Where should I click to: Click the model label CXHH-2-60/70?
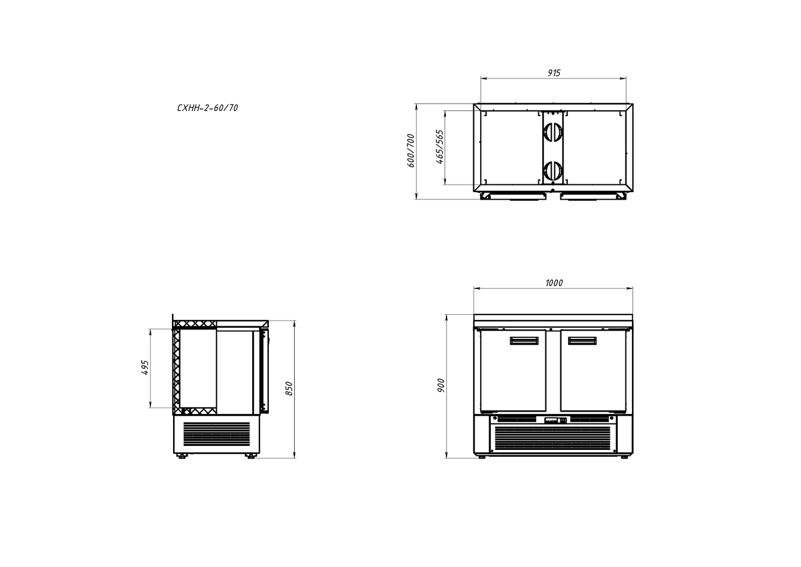(x=207, y=108)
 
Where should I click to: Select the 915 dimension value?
(x=554, y=73)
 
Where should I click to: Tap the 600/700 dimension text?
(x=411, y=151)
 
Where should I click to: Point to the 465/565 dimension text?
(x=440, y=147)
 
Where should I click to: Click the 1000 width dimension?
(x=554, y=283)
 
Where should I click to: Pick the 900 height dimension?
(x=441, y=385)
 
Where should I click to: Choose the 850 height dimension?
(x=289, y=389)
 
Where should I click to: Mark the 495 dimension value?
(x=145, y=368)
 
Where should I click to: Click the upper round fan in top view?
(x=553, y=132)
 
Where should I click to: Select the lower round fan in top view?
(x=553, y=170)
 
